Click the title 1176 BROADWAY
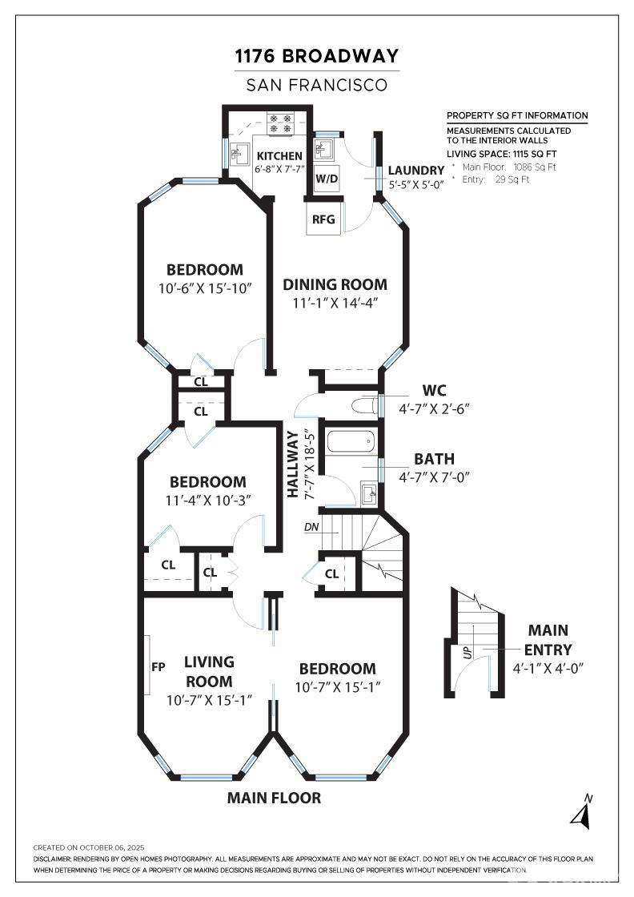[317, 56]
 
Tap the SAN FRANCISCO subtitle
[317, 85]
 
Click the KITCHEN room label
[279, 155]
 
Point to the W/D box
[327, 179]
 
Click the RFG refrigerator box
[323, 219]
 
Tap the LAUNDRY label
[416, 171]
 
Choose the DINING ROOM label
[335, 284]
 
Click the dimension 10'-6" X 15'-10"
[205, 288]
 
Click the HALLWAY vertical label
[293, 464]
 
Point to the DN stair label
[311, 527]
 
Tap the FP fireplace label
[158, 666]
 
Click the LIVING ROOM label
[209, 672]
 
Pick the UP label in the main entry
[468, 652]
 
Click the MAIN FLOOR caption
[274, 798]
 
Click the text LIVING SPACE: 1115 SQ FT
[501, 154]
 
